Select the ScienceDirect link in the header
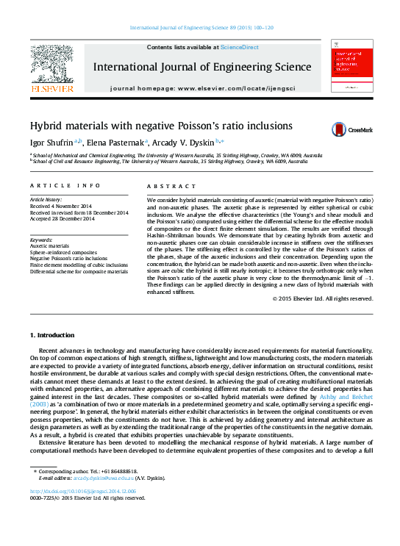[240, 47]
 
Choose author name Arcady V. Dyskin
[185, 143]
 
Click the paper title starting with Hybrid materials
[160, 126]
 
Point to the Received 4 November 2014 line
[62, 206]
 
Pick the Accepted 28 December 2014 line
[62, 218]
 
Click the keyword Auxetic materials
[49, 245]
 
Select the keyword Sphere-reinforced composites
[63, 252]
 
